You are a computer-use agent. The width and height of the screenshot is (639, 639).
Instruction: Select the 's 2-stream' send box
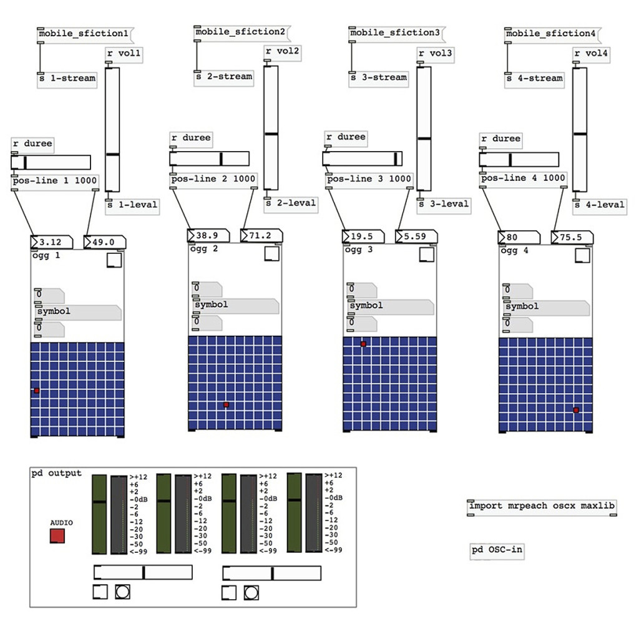click(x=223, y=77)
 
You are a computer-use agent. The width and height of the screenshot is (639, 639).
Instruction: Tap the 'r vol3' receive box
click(x=435, y=54)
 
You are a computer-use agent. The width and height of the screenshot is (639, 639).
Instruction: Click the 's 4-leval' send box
click(x=598, y=204)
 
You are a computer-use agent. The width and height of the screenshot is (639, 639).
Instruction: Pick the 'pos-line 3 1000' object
click(x=369, y=178)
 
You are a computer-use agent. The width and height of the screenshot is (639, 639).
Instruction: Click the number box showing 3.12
click(x=52, y=242)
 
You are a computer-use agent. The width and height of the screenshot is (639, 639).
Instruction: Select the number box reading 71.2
click(x=261, y=236)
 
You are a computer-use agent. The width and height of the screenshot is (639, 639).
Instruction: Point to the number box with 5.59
click(x=416, y=237)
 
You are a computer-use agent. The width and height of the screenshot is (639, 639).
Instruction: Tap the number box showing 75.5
click(x=572, y=237)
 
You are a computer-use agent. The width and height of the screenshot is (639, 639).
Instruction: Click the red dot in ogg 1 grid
click(x=37, y=391)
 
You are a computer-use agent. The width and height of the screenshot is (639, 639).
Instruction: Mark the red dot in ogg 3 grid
click(x=363, y=344)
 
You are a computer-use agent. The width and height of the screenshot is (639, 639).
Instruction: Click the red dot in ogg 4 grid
click(x=576, y=410)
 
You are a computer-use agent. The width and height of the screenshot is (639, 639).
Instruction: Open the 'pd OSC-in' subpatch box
click(x=497, y=551)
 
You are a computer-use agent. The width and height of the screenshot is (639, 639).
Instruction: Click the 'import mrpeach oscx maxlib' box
click(x=542, y=506)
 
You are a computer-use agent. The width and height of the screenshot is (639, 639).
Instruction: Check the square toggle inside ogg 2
click(x=272, y=254)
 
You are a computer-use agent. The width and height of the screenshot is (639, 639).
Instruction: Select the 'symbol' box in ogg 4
click(x=547, y=307)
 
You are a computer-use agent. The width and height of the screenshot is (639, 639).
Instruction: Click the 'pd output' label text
click(x=56, y=473)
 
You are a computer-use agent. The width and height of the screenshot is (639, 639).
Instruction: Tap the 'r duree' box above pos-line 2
click(x=192, y=138)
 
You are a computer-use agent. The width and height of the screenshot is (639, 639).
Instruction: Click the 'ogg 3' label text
click(x=360, y=251)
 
